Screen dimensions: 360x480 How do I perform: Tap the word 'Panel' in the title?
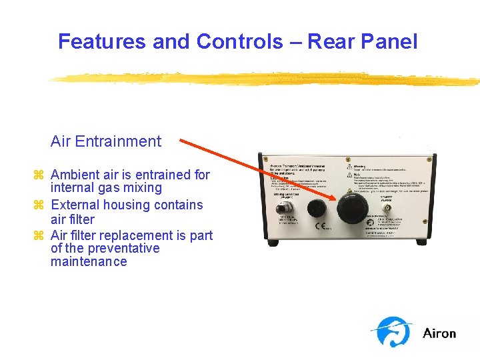coord(389,41)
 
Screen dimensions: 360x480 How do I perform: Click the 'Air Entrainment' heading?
coord(106,141)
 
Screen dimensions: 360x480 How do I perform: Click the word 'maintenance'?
coord(89,261)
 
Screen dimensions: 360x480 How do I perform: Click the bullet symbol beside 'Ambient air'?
coord(38,175)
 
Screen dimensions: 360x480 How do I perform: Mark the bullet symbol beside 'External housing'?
coord(38,205)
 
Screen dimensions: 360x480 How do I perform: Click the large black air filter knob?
coord(349,209)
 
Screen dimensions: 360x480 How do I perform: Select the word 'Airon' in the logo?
coord(439,333)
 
